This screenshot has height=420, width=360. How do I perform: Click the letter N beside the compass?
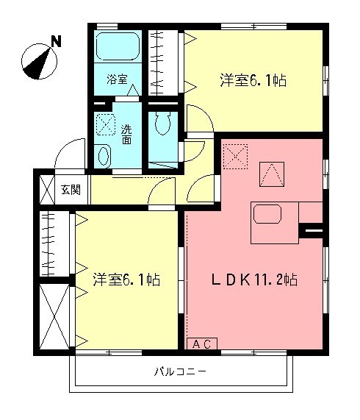(56, 42)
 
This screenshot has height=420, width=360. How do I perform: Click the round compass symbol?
(38, 62)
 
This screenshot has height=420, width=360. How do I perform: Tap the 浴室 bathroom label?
(117, 79)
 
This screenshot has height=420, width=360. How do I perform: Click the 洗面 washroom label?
(127, 133)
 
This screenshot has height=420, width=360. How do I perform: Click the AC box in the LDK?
(204, 344)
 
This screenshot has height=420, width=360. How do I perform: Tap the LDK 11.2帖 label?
(254, 280)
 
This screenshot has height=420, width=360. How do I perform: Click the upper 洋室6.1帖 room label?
(252, 80)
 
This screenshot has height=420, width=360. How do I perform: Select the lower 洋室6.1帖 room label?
(126, 280)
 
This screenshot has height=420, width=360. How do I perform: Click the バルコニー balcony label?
(180, 371)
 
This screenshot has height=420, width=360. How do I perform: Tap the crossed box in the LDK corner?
(237, 156)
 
